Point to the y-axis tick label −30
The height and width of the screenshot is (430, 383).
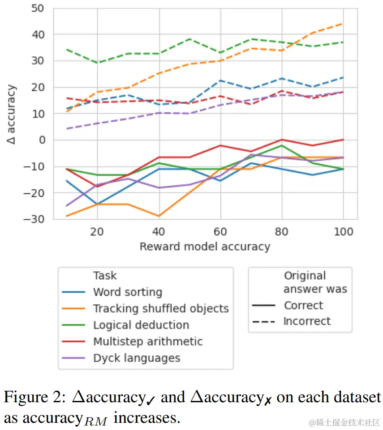pos(34,219)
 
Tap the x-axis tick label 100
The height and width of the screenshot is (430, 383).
pos(343,231)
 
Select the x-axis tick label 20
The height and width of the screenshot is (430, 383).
pos(97,231)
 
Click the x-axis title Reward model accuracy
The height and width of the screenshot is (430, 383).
pos(205,247)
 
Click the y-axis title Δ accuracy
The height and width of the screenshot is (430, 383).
pos(12,114)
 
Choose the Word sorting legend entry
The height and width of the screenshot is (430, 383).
pos(127,292)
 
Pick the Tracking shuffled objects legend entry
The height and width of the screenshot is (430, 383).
pos(160,309)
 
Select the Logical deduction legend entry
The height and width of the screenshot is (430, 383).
pos(141,325)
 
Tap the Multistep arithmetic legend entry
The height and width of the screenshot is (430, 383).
pos(147,341)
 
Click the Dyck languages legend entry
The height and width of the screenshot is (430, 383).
pos(136,358)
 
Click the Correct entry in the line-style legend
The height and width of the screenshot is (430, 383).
pos(303,306)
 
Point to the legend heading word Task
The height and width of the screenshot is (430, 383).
pos(105,276)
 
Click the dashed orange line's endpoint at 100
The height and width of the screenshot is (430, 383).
pos(343,24)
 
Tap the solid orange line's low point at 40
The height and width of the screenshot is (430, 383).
pos(159,216)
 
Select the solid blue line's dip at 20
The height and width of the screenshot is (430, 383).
pos(97,204)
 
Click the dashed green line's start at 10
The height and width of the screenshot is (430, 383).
pos(67,50)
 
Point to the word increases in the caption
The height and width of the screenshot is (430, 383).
pos(146,418)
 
